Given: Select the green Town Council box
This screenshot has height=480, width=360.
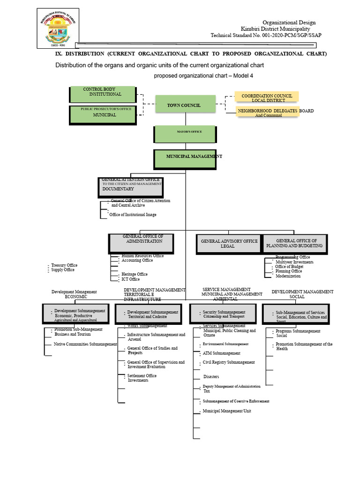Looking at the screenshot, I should (x=184, y=105).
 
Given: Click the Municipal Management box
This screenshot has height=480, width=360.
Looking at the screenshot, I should (x=185, y=159).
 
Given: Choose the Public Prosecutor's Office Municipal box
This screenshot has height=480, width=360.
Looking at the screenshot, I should (x=103, y=115).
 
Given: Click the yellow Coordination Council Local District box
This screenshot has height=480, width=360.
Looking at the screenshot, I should (x=267, y=98).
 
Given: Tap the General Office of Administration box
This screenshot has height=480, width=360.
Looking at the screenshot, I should (x=142, y=243).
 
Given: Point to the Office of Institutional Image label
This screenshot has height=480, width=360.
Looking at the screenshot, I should (x=133, y=215).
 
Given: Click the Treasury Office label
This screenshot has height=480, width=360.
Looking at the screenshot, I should (x=64, y=265).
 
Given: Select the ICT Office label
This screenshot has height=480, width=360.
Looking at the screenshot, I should (x=130, y=279).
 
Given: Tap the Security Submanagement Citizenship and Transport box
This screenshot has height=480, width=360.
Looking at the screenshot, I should (x=223, y=314).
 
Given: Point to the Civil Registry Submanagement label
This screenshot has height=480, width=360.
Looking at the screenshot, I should (x=229, y=362).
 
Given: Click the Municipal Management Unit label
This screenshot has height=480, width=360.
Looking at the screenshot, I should (x=227, y=411).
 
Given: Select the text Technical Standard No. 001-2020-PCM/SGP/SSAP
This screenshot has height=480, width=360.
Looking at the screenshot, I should (x=266, y=35).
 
